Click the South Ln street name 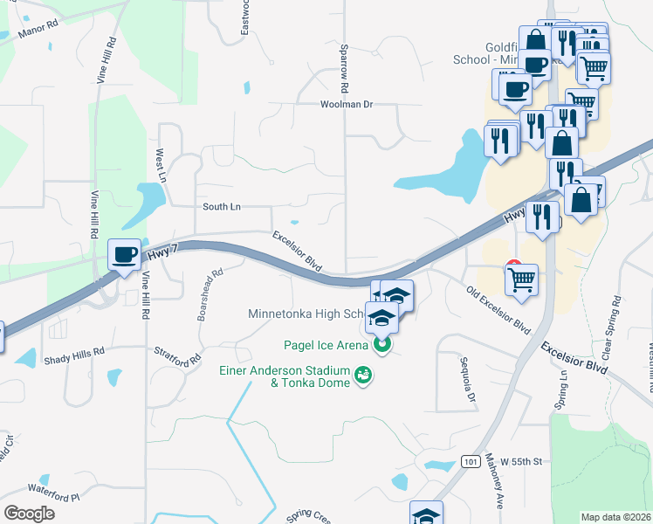pyautogui.click(x=221, y=207)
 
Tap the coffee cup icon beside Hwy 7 pyautogui.click(x=124, y=254)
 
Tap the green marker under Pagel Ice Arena pyautogui.click(x=381, y=347)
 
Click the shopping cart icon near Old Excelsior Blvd pyautogui.click(x=521, y=279)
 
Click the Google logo pyautogui.click(x=30, y=514)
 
